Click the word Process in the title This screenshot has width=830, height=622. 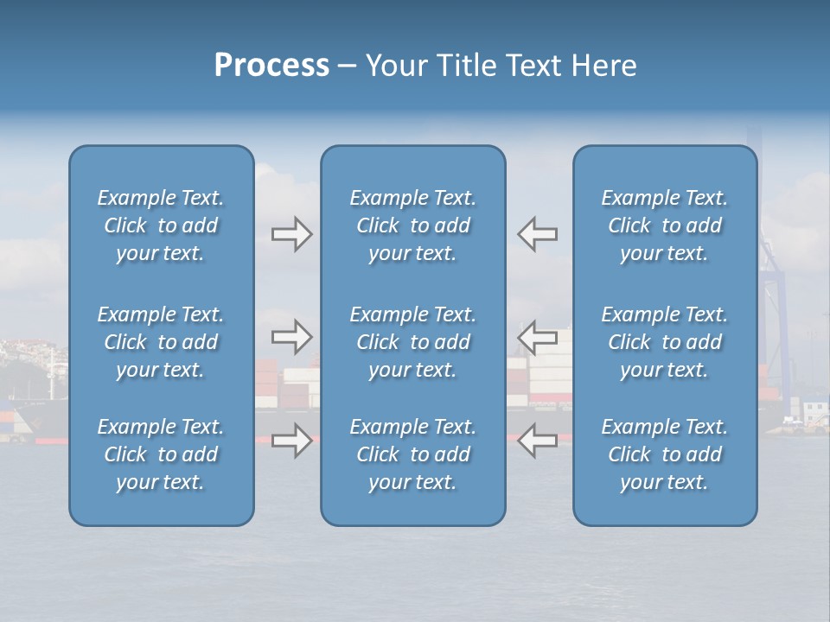[x=271, y=66]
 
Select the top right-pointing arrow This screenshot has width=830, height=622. [x=291, y=234]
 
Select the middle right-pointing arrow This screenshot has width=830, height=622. [x=291, y=337]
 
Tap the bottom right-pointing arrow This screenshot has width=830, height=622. [x=291, y=441]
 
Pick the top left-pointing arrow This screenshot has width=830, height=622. [x=537, y=234]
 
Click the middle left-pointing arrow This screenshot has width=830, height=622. [x=537, y=337]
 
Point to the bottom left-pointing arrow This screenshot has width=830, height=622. [x=537, y=441]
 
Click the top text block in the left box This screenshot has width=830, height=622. [x=161, y=225]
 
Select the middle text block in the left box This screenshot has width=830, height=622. [x=161, y=342]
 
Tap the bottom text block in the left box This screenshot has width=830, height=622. [x=161, y=454]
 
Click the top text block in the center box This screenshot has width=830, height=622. [x=412, y=225]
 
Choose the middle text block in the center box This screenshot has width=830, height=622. [x=412, y=342]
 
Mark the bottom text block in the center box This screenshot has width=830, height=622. [x=412, y=454]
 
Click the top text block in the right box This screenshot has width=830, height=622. [x=664, y=225]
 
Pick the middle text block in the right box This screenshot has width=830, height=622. [x=664, y=342]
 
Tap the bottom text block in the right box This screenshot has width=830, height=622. [x=664, y=454]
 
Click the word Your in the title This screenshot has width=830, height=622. [x=394, y=66]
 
